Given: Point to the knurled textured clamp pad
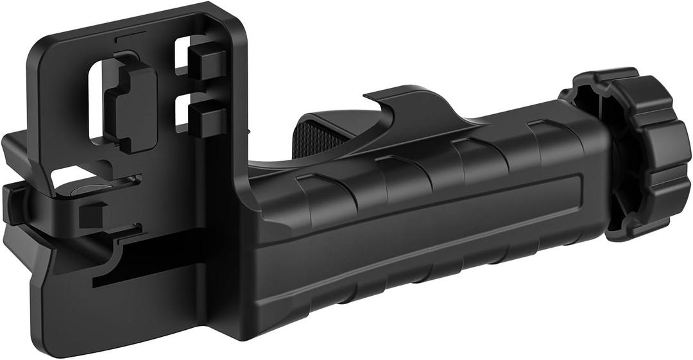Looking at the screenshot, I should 321,135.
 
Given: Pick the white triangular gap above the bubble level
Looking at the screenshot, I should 67,175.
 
